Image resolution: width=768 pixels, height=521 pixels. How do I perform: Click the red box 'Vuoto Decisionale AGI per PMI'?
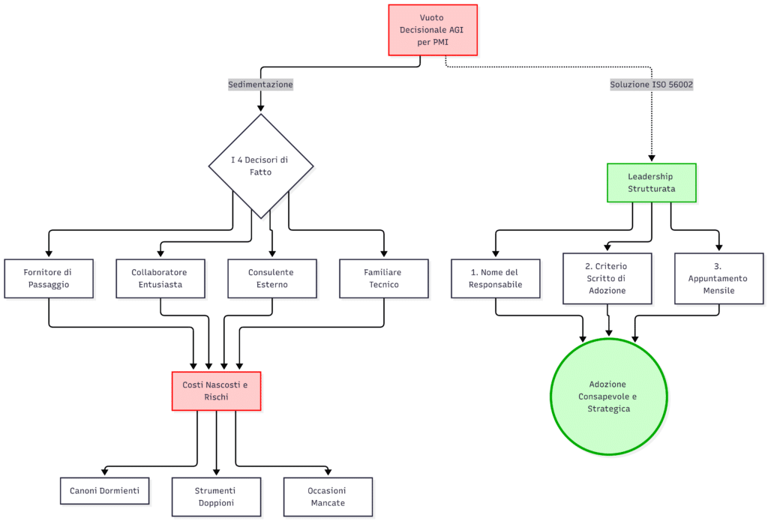tap(433, 30)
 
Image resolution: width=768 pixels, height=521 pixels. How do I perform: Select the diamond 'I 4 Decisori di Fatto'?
tap(261, 166)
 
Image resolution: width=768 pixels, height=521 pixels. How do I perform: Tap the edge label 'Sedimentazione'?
tap(260, 84)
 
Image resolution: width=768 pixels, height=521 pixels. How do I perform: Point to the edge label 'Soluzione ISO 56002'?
tap(652, 84)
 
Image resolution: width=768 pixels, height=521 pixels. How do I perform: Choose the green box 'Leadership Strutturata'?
tap(652, 183)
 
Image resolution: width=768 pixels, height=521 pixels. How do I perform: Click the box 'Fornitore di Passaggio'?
tap(49, 279)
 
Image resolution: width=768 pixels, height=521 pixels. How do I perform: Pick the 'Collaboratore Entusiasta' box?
tap(160, 279)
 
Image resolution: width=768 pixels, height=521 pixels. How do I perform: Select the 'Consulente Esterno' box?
tap(272, 279)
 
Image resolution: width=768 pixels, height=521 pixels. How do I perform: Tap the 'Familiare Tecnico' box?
tap(384, 279)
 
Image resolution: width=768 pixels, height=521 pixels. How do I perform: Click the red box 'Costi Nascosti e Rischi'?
tap(217, 391)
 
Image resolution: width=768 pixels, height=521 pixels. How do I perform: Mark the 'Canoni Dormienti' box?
tap(105, 491)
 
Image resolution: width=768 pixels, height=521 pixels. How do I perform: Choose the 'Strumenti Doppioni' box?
tap(217, 497)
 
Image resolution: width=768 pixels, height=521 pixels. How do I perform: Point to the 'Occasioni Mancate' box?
tap(328, 497)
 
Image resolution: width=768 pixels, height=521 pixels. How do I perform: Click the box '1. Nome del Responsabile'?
tap(496, 279)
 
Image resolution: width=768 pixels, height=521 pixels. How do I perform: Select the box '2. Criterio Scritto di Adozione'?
tap(607, 279)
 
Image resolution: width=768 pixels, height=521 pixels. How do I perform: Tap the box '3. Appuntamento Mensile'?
tap(719, 279)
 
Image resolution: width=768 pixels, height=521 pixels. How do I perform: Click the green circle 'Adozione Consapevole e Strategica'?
tap(609, 397)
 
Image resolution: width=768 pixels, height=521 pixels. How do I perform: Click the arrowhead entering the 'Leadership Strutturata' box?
tap(652, 159)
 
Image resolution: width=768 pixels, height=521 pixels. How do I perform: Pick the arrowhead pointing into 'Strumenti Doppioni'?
tap(217, 472)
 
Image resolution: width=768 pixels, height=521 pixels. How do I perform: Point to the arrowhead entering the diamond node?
tap(260, 109)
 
